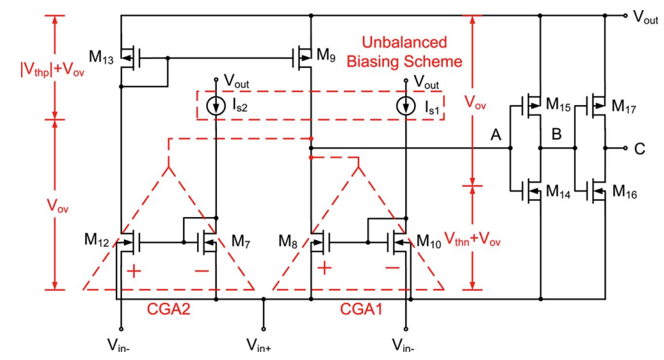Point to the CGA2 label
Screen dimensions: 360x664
pyautogui.click(x=169, y=309)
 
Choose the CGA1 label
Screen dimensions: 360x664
pyautogui.click(x=361, y=309)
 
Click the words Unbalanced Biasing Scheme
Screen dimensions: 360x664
pyautogui.click(x=404, y=52)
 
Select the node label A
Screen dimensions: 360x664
pyautogui.click(x=496, y=136)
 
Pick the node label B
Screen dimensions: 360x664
pyautogui.click(x=556, y=135)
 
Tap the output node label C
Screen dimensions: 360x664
pyautogui.click(x=640, y=148)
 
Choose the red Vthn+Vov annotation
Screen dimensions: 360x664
pyautogui.click(x=472, y=239)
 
